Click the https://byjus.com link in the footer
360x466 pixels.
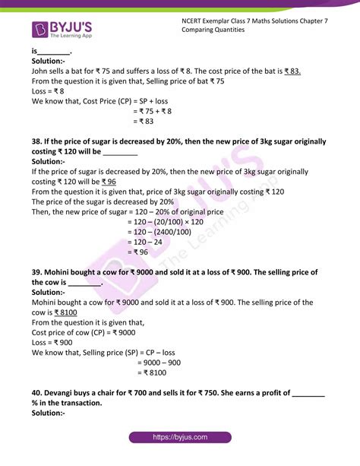(x=179, y=438)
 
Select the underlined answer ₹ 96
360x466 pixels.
(x=109, y=182)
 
